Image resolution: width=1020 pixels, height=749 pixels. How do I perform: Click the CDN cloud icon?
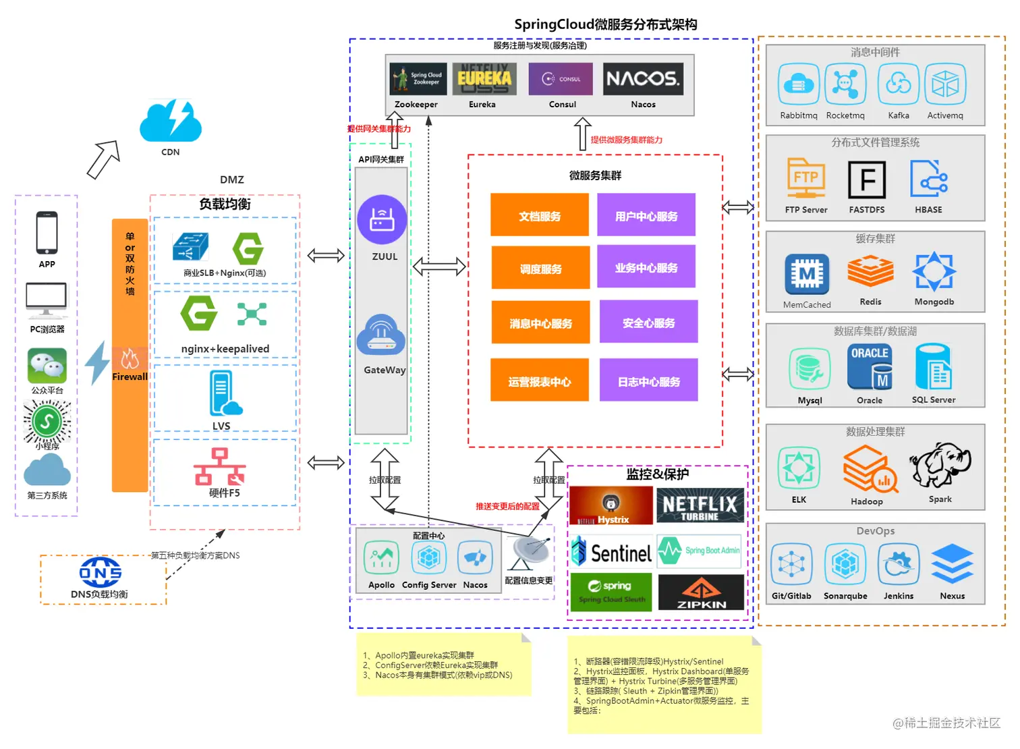pos(171,121)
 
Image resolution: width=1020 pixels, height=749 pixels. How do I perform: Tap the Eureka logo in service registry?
pos(484,79)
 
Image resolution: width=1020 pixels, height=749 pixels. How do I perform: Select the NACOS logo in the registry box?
pos(642,79)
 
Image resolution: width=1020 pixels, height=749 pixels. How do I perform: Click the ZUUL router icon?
pos(382,219)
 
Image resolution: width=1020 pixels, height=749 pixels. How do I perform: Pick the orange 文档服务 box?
pos(539,215)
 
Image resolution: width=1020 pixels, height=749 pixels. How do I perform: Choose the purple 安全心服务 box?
pos(648,323)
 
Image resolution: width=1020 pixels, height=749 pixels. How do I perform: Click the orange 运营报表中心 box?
pos(539,381)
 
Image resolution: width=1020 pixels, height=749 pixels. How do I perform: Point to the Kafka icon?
pos(898,84)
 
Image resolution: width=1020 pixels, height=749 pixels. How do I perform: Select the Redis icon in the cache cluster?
pos(870,272)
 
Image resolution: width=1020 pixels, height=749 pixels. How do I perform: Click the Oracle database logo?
pos(870,367)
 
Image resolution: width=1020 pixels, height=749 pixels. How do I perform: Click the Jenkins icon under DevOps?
pos(898,564)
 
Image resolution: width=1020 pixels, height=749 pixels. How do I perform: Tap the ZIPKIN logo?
pos(701,592)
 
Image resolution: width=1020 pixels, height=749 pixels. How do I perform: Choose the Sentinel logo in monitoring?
pos(612,553)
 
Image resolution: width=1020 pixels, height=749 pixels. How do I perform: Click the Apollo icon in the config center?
pos(381,558)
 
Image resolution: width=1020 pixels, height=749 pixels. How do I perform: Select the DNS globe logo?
pos(101,572)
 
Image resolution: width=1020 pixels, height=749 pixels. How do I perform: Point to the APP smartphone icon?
pos(47,233)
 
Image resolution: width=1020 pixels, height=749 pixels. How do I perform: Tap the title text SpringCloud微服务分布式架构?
pos(605,24)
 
